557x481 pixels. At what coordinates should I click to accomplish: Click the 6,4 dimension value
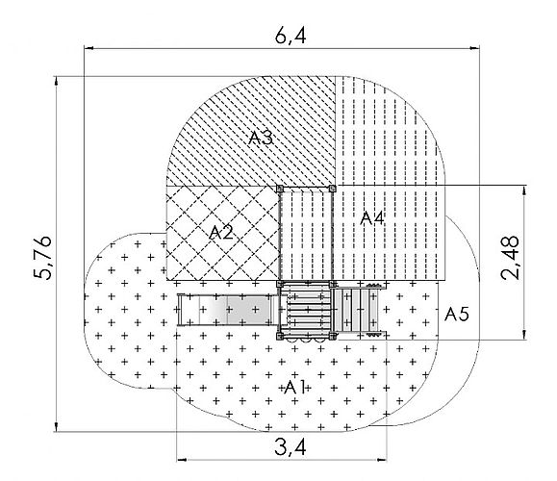[x=291, y=36]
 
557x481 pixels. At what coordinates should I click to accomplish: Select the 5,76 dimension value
[x=42, y=258]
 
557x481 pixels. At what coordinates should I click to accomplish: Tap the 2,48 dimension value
[x=510, y=258]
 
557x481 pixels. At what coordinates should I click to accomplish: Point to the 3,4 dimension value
[x=291, y=447]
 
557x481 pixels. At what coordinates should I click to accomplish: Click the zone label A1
[x=294, y=388]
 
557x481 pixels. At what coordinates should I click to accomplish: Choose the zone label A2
[x=221, y=233]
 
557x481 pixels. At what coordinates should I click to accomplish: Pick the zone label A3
[x=261, y=138]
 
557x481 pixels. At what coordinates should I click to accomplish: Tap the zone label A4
[x=372, y=218]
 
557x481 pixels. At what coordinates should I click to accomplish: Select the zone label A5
[x=457, y=315]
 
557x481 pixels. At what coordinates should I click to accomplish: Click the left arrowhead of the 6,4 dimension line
[x=89, y=48]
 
